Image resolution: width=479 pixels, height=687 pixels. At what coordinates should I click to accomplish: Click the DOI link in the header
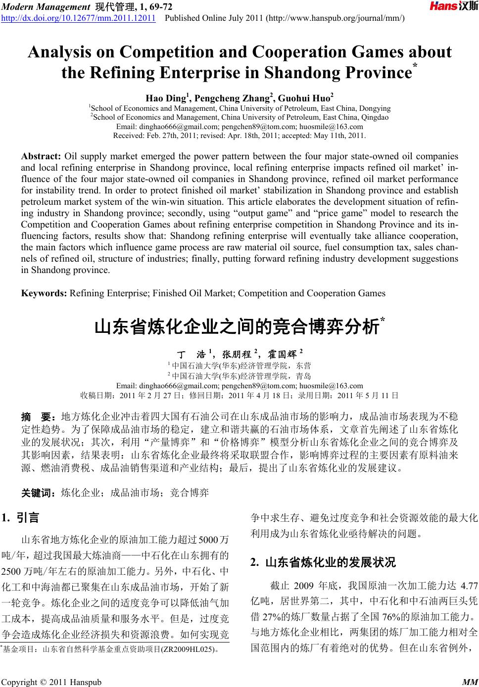click(79, 19)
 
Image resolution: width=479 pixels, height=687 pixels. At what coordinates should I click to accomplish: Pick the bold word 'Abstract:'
click(41, 156)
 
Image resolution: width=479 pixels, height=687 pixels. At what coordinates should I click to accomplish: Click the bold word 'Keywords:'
click(44, 293)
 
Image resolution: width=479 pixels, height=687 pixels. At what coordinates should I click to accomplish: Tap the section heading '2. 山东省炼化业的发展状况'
click(324, 562)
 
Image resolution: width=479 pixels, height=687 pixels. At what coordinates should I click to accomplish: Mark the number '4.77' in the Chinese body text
click(469, 587)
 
